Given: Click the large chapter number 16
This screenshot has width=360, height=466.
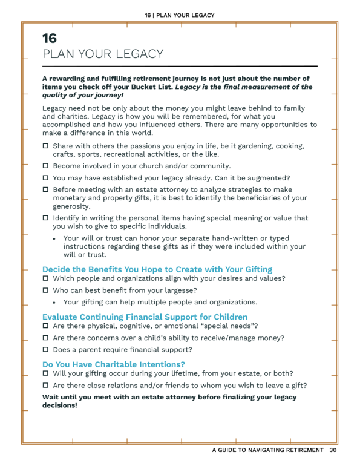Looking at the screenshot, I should pos(50,38).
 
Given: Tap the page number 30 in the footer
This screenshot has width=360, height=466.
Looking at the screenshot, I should pos(333,450).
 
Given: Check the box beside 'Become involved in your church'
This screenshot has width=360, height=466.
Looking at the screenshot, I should pos(45,166).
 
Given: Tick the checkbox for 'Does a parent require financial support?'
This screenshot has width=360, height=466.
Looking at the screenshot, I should pos(45,350).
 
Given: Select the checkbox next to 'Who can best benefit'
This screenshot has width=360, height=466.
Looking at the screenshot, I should pos(45,290).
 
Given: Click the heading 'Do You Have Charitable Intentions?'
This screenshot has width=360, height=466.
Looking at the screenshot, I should pos(114,364).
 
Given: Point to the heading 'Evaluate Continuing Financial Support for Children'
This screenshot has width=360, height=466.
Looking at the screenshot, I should pos(145,317).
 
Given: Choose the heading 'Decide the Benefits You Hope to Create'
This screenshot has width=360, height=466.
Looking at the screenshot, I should pos(157,269).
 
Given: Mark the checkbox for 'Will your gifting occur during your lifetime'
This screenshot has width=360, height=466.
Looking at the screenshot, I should pos(45,373).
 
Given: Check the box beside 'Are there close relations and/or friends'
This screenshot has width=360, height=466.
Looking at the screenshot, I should pos(45,386).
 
